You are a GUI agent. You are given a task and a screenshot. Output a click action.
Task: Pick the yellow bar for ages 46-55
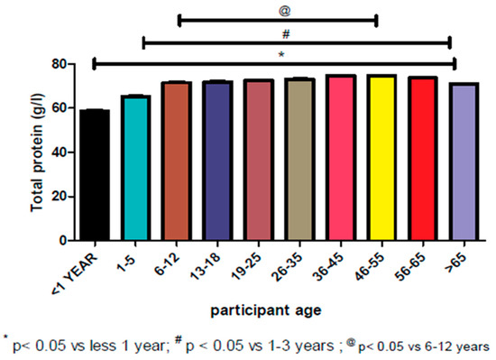coord(383,158)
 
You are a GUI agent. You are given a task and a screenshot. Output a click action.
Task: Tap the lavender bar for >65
coord(465,162)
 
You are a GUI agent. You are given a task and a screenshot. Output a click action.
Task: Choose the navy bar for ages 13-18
coord(217,162)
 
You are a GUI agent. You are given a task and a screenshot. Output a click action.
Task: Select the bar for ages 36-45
coord(342,158)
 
